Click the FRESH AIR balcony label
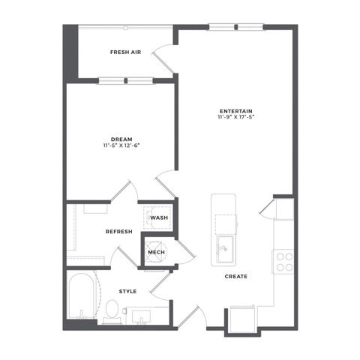[125, 52]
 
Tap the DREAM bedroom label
[121, 139]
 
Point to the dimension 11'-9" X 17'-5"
[236, 116]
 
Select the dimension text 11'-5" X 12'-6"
[121, 145]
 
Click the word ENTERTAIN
[236, 111]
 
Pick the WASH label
[159, 217]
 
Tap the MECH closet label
[157, 252]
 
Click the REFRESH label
[119, 232]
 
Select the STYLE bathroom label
[127, 292]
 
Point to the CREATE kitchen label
[236, 277]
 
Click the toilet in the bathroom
[112, 312]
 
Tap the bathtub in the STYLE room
[82, 296]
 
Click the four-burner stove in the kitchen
[283, 262]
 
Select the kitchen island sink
[225, 249]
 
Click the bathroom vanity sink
[141, 316]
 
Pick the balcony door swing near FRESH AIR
[163, 59]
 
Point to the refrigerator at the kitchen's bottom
[242, 319]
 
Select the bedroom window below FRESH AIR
[126, 81]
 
